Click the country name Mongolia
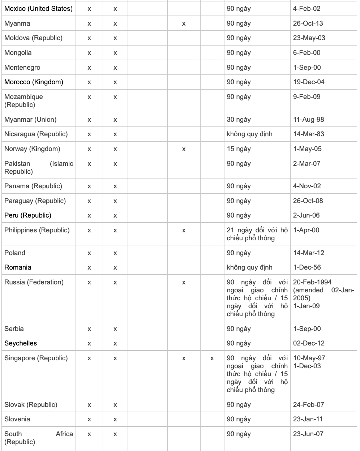18,53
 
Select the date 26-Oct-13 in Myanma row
308,23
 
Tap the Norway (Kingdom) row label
32,149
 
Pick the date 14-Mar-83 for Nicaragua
309,134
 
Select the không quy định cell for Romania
249,267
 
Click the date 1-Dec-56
307,267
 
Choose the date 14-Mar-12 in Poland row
309,253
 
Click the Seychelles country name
21,343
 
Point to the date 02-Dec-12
309,343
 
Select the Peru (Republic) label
28,215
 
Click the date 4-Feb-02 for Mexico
307,9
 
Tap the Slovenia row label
17,419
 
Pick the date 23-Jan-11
308,419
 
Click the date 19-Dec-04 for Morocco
309,82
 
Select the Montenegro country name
22,68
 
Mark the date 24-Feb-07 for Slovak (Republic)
308,405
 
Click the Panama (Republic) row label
33,186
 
